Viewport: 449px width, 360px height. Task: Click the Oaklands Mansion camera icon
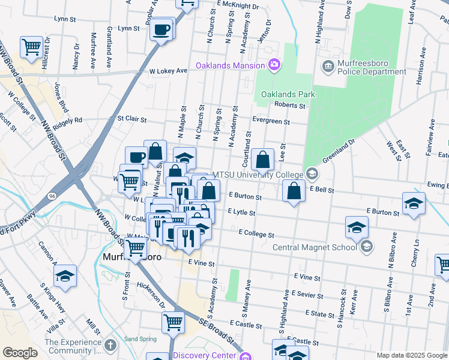[274, 65]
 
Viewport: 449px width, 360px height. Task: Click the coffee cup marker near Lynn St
[161, 29]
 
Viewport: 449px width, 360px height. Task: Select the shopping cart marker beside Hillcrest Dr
[31, 46]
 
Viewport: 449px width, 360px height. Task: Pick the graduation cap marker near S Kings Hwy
[64, 277]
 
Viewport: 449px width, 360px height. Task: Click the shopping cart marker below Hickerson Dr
[173, 322]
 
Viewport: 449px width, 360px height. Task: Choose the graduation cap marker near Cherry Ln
[414, 204]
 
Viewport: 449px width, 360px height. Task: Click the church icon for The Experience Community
[109, 346]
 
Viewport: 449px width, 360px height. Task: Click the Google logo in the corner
[20, 353]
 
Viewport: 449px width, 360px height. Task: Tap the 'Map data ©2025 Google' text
[411, 355]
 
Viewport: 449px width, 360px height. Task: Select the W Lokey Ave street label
[169, 70]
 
